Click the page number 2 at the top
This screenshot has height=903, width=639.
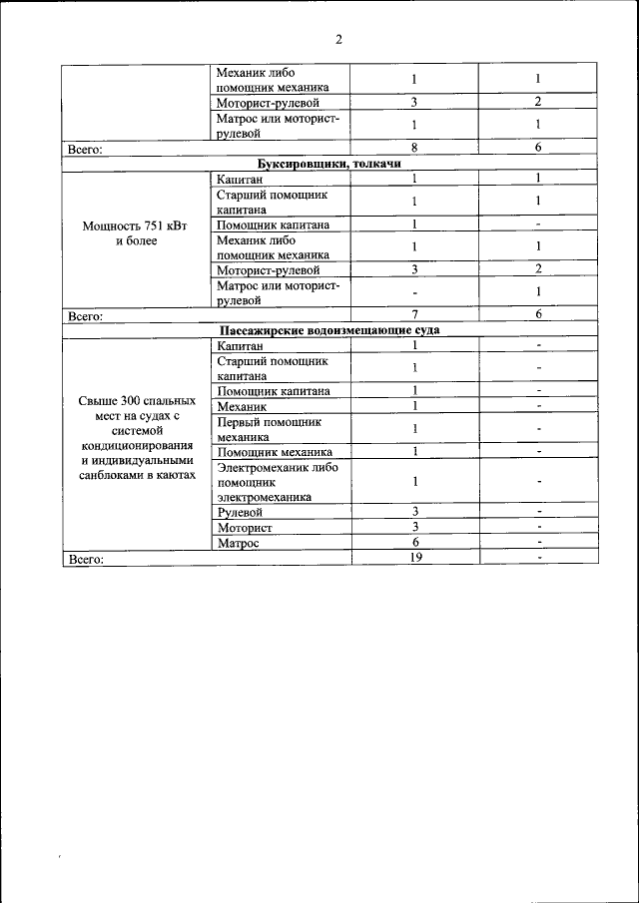[338, 40]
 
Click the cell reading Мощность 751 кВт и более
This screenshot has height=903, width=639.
[137, 232]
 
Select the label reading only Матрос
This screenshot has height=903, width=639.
[238, 543]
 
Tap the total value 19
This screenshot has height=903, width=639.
[415, 558]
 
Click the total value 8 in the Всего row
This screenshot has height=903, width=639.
[414, 148]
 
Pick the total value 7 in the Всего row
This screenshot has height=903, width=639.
[414, 314]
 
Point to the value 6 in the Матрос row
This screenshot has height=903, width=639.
[414, 543]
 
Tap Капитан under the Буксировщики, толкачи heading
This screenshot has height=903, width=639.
[240, 179]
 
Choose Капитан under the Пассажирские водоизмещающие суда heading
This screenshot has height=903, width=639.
[240, 345]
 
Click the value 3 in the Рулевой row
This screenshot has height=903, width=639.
[414, 512]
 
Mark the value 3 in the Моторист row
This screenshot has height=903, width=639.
[414, 527]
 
